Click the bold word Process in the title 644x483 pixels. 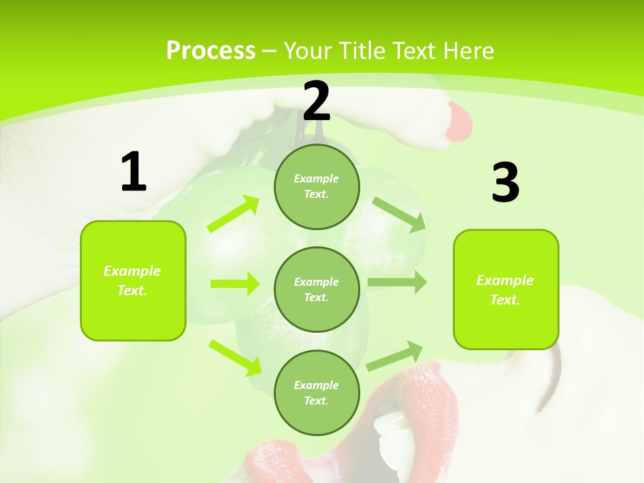(211, 51)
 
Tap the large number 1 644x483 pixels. (133, 172)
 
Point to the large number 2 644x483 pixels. (317, 101)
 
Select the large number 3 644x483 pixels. (505, 182)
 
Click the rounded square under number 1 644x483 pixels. (133, 280)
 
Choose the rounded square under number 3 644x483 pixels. (506, 289)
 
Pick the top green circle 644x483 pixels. (317, 186)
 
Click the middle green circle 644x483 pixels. (317, 289)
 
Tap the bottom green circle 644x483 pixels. (317, 392)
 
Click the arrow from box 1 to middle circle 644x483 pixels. (234, 284)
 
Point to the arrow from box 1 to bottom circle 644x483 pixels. (235, 358)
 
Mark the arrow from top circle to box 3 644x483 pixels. (399, 214)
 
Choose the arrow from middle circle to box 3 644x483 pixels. (396, 282)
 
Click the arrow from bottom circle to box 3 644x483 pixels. (395, 356)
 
